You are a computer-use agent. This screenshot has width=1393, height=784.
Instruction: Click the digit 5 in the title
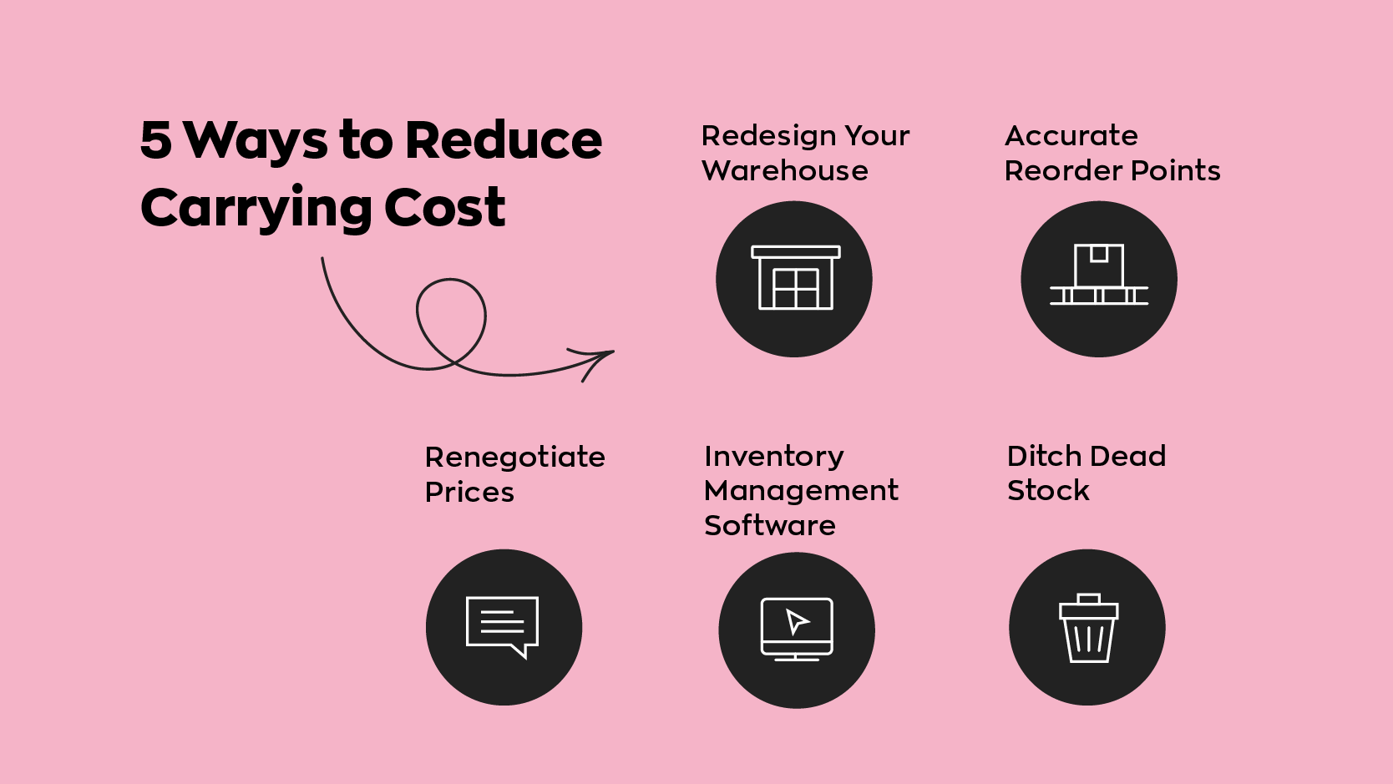156,139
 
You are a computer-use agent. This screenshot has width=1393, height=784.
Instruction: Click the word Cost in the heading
444,207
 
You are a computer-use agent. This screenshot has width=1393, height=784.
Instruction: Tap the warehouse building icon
795,278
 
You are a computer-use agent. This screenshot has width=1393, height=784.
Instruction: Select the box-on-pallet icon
1099,275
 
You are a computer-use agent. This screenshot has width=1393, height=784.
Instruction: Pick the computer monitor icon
797,629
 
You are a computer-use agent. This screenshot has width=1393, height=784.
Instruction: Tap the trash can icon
1088,629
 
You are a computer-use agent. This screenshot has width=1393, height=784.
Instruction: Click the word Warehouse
785,171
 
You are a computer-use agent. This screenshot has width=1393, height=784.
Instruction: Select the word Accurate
1071,135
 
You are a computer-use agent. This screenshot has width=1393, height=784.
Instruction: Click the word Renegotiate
514,458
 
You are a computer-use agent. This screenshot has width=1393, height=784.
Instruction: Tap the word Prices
469,493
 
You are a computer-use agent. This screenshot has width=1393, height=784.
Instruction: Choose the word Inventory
774,457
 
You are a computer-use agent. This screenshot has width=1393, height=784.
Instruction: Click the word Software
770,526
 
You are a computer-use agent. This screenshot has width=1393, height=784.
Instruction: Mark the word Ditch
1044,456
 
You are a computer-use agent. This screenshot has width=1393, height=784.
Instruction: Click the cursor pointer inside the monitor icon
797,621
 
